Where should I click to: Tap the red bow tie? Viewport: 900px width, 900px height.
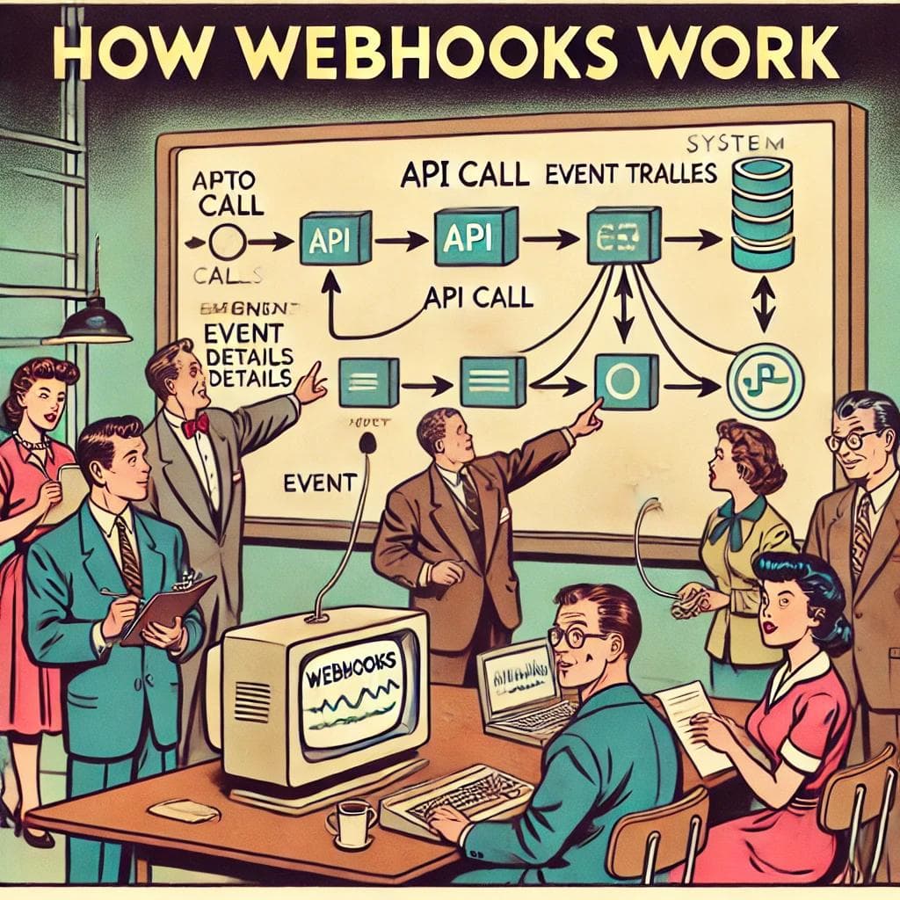click(195, 425)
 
